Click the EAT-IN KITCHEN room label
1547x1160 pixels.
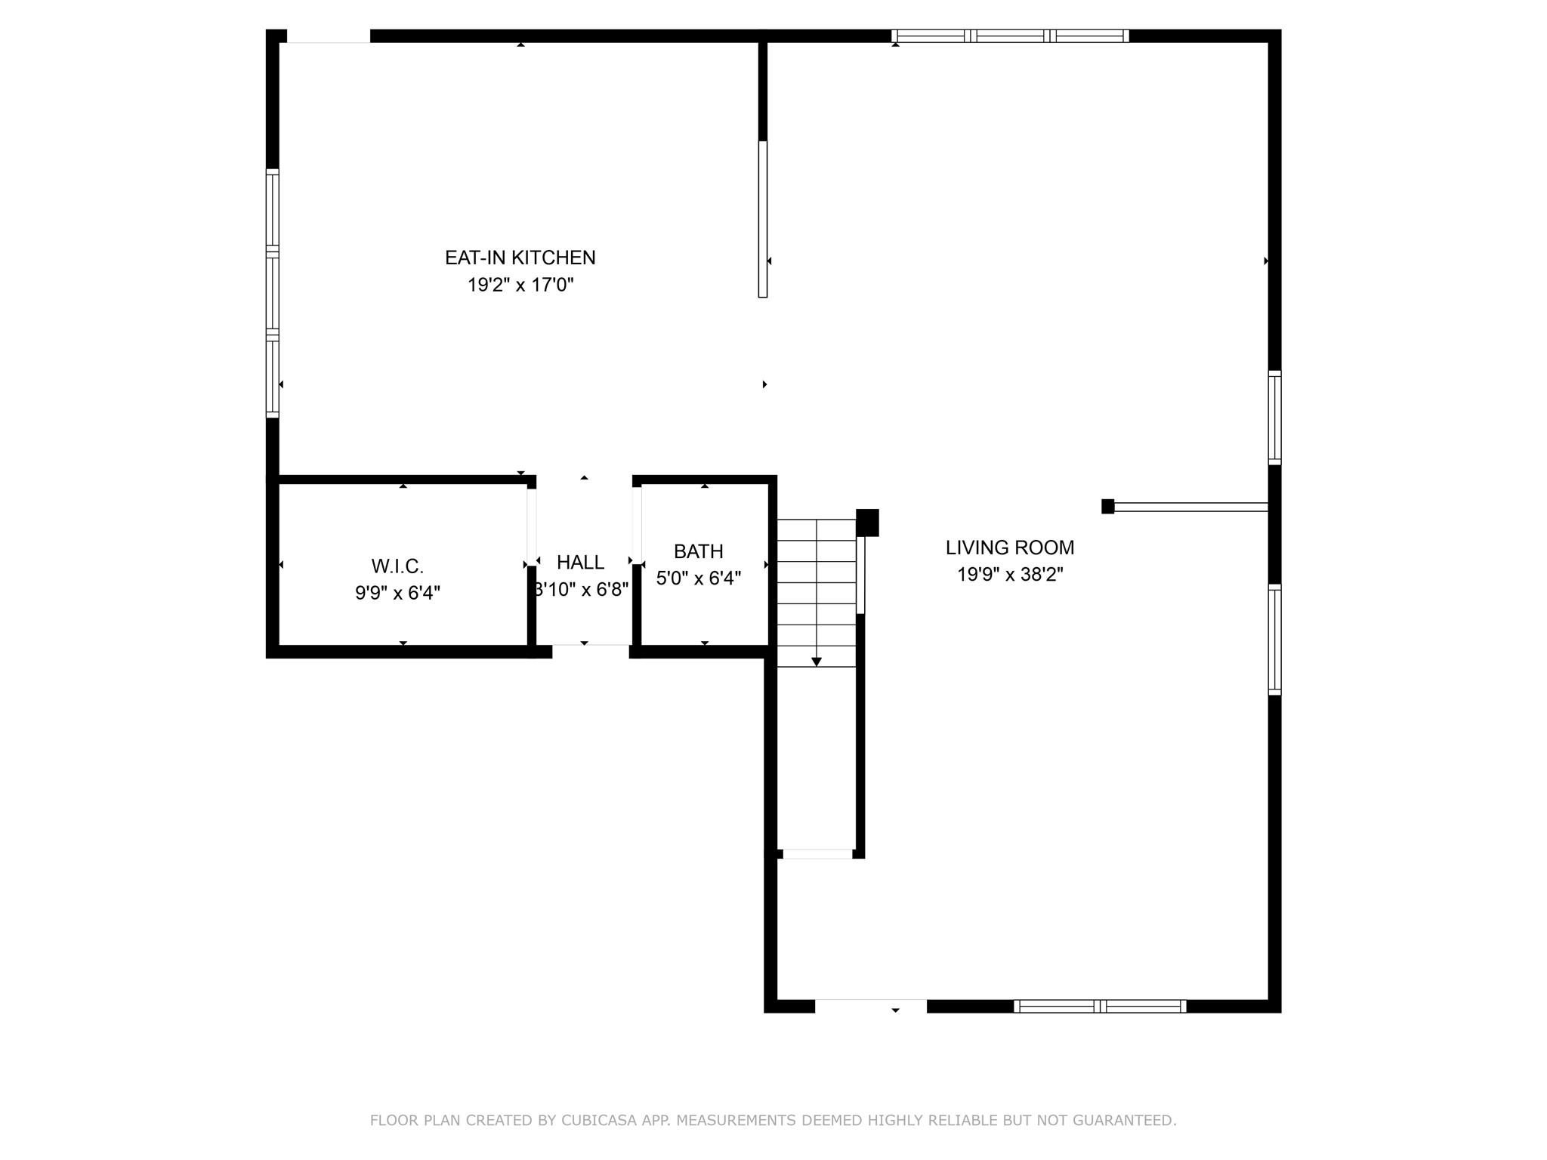pos(520,258)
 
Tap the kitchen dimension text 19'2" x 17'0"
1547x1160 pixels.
pos(520,285)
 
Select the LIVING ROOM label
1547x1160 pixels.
pos(1010,548)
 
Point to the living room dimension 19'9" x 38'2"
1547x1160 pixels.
pos(1010,575)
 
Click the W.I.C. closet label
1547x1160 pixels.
pos(397,566)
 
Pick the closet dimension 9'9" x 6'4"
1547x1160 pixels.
pos(397,593)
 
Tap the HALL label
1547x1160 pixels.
pos(580,562)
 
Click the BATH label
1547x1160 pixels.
pos(699,551)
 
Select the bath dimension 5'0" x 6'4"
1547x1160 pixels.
pos(699,578)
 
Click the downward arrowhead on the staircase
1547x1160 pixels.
pos(817,662)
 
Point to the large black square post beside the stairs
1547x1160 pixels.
pos(867,523)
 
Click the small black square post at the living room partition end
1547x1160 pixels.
pos(1107,507)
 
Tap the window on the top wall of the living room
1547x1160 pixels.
pos(1010,35)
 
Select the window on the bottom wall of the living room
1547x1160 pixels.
pos(1100,1006)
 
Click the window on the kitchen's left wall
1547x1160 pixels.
pos(273,293)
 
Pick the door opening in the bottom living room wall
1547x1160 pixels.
pos(871,1006)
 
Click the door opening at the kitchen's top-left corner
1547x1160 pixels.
pos(329,36)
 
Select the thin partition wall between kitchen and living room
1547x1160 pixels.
pos(763,219)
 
